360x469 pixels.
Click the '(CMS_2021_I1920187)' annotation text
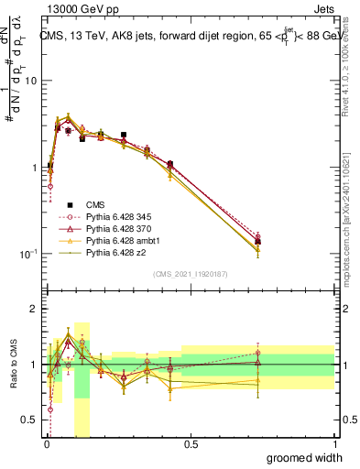tap(191, 273)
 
